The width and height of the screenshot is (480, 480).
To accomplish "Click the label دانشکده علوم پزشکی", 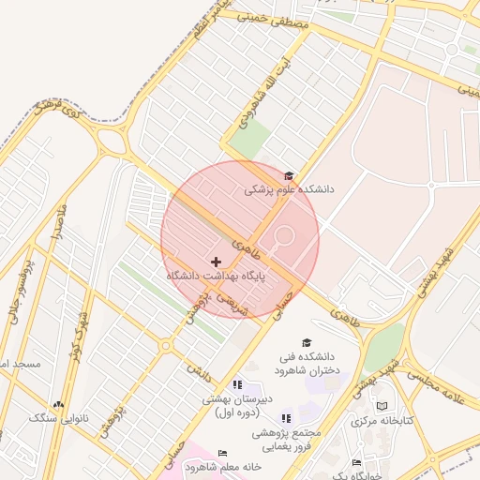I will [x=289, y=188].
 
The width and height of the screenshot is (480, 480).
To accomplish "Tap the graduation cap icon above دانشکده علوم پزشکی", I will [x=288, y=175].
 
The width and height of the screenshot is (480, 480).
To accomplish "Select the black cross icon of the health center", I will [x=217, y=261].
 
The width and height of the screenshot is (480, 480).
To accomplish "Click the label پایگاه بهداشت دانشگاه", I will [x=217, y=277].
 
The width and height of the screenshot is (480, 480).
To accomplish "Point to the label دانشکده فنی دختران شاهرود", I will [x=306, y=364].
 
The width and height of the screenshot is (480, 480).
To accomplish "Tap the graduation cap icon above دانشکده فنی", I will [x=306, y=342].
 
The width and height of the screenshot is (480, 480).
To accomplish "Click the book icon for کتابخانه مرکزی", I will [x=382, y=406].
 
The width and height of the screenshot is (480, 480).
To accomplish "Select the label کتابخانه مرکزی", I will [x=382, y=422].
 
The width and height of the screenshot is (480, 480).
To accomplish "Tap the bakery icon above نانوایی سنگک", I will [x=58, y=404].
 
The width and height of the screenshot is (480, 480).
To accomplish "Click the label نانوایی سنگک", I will [x=58, y=419].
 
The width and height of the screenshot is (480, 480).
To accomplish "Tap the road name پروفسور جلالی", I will [x=21, y=292].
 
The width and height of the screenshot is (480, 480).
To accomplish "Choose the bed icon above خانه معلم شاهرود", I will [x=222, y=453].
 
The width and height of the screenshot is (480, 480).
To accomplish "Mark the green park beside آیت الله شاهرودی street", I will [x=248, y=138].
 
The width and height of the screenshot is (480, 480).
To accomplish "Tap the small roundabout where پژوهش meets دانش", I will [x=166, y=346].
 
